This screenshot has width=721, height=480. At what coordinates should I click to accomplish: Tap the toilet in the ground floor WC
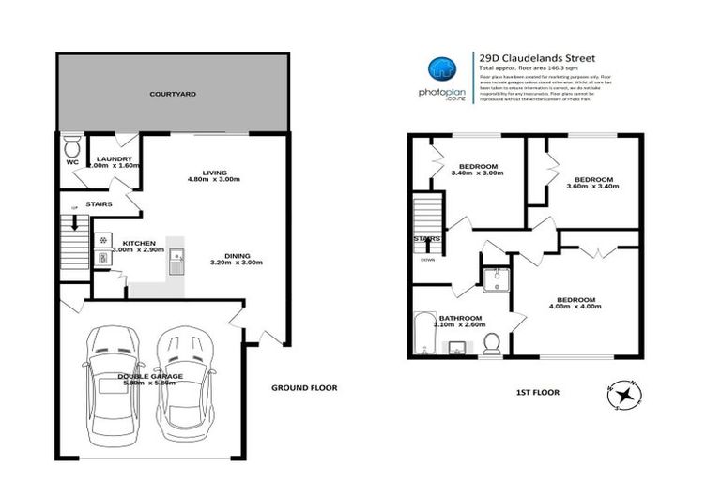pyautogui.click(x=71, y=148)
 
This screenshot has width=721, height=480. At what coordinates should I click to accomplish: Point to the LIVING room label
pyautogui.click(x=207, y=173)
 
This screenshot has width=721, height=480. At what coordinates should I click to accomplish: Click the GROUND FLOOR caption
pyautogui.click(x=303, y=387)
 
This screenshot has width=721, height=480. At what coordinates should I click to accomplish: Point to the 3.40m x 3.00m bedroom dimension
pyautogui.click(x=473, y=173)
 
